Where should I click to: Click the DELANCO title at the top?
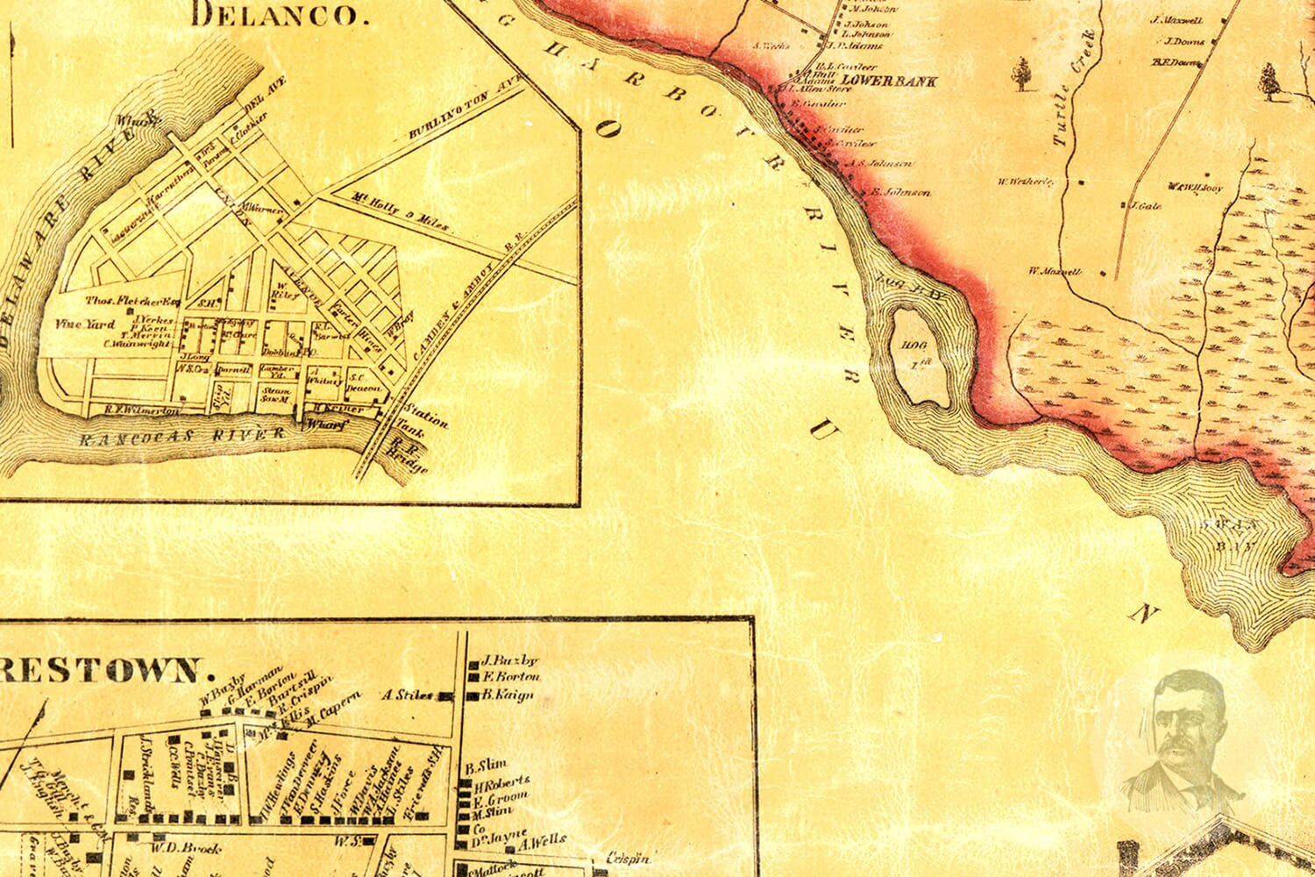tap(276, 15)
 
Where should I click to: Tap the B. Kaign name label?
tap(508, 695)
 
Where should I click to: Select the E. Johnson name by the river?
tap(900, 192)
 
